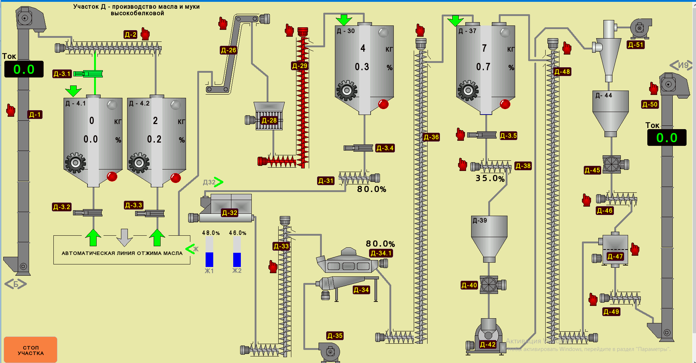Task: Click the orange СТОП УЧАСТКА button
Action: [31, 350]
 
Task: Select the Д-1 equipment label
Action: [35, 115]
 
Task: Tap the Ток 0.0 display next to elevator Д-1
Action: [24, 69]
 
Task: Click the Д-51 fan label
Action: [635, 45]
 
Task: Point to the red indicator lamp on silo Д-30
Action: [383, 104]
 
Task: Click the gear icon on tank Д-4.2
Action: [139, 163]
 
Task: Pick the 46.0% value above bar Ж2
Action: [238, 233]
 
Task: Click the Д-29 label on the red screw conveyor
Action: [300, 66]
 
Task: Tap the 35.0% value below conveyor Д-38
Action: [490, 179]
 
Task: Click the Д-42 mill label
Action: [487, 344]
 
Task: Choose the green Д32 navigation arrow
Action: [218, 182]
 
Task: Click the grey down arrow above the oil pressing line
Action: [125, 238]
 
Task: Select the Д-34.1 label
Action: [381, 253]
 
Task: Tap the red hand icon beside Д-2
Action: [145, 34]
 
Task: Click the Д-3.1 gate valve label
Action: [62, 74]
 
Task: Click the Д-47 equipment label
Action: [615, 256]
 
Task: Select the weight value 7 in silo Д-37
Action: [484, 48]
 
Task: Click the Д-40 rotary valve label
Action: [469, 285]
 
